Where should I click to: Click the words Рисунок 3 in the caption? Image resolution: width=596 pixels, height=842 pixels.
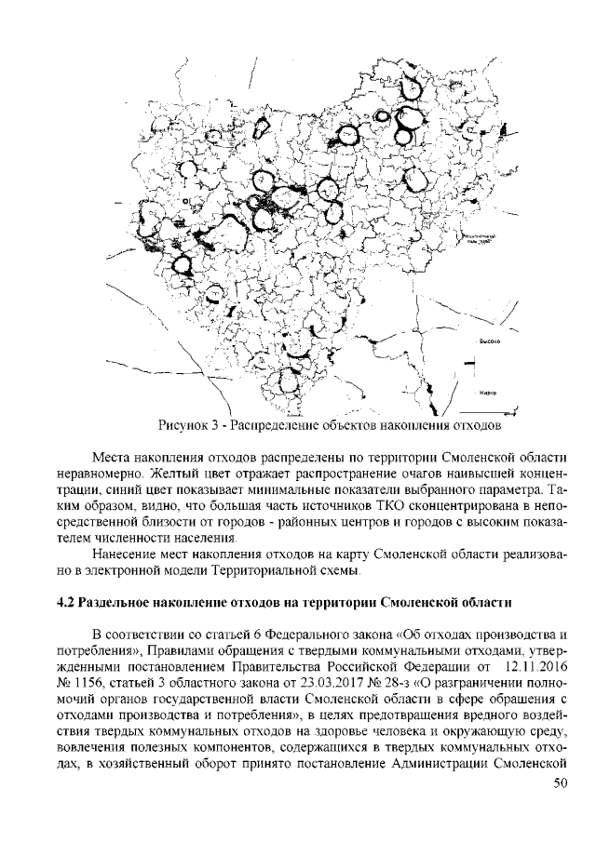point(189,427)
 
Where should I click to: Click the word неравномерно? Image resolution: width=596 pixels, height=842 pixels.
point(99,473)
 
